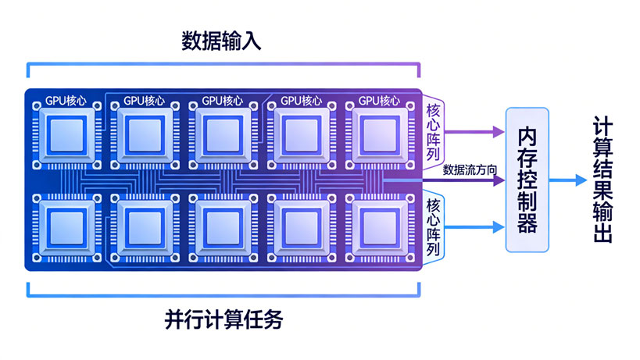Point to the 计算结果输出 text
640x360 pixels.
[602, 180]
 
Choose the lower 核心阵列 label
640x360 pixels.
[434, 228]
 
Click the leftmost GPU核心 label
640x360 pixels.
[66, 100]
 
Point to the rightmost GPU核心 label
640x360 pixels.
[379, 100]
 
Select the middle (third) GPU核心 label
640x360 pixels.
[223, 100]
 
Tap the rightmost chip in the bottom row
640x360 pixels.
[380, 226]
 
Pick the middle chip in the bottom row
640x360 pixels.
[223, 226]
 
